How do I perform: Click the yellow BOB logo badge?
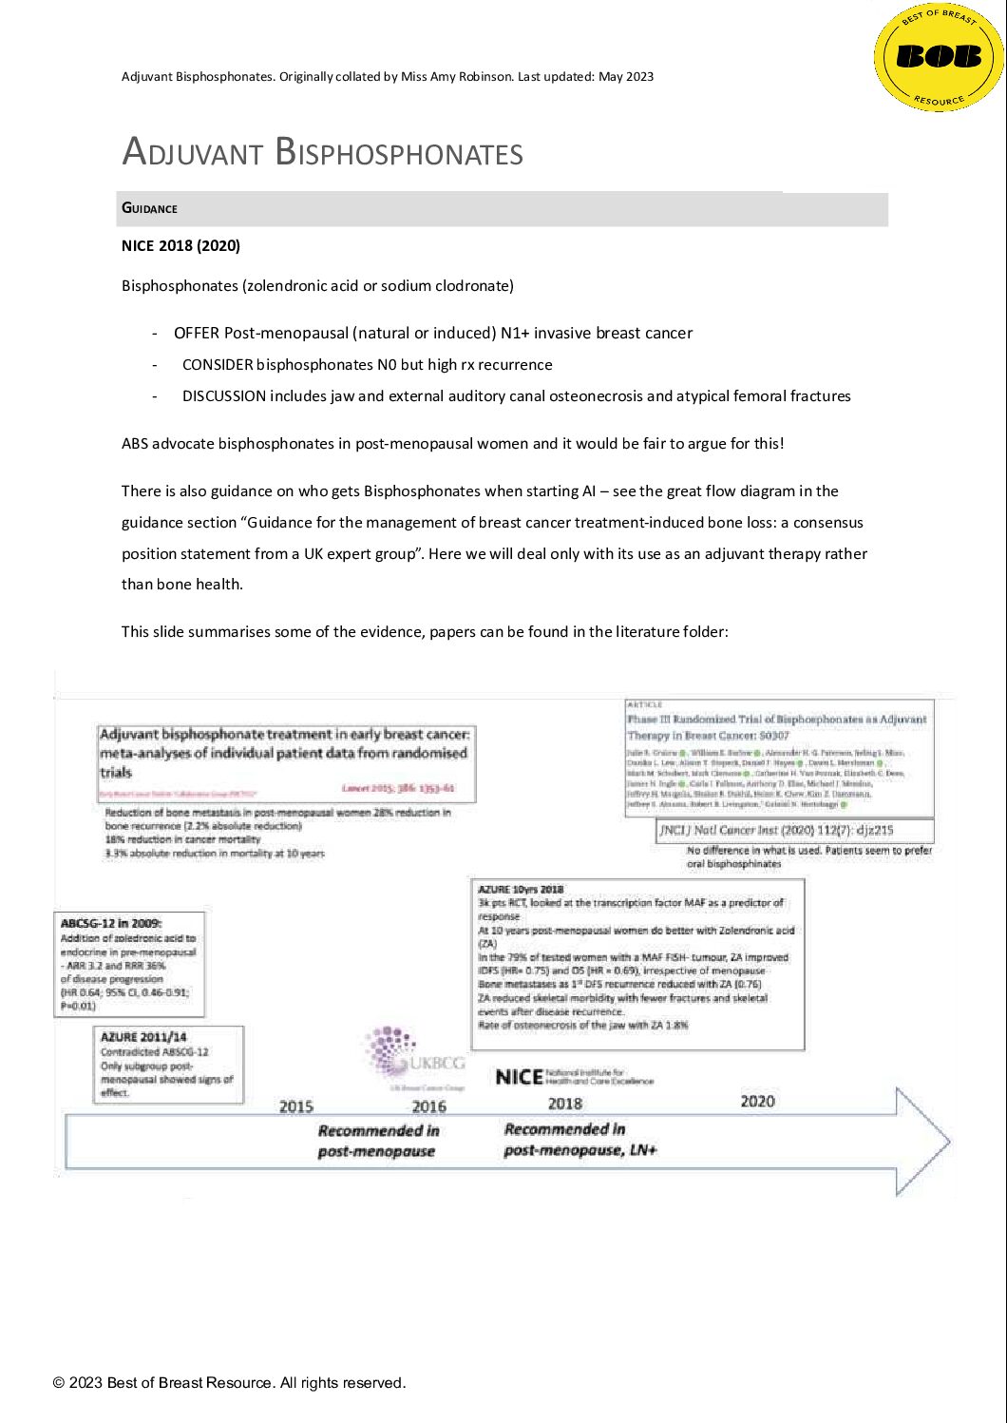939,57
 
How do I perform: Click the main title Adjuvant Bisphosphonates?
322,152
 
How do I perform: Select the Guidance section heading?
149,208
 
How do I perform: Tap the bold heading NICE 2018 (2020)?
180,245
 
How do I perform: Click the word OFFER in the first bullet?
197,333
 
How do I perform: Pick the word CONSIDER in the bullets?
218,364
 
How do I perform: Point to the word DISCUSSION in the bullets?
224,395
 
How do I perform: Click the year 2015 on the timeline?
296,1106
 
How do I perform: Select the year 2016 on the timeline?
428,1106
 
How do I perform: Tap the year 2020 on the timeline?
757,1101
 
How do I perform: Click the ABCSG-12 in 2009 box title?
111,923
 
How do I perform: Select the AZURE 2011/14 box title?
143,1036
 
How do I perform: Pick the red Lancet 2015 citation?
398,788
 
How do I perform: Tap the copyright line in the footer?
229,1382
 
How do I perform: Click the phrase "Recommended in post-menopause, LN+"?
579,1140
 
